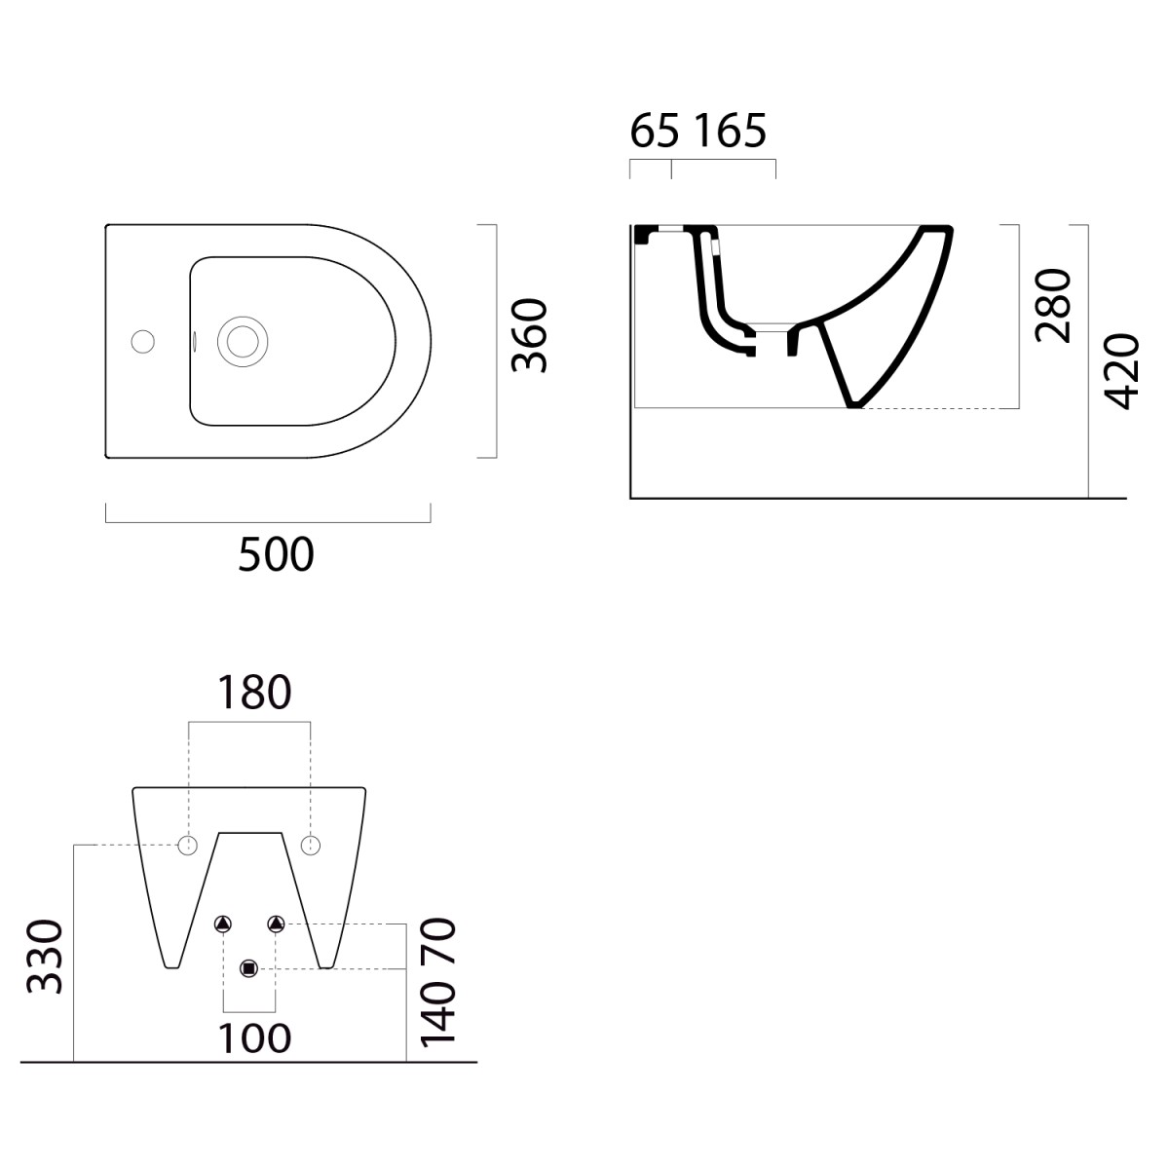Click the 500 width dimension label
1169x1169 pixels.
[276, 554]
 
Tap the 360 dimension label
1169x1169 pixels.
[529, 335]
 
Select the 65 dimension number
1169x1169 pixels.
[654, 131]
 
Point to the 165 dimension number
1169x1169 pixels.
[731, 131]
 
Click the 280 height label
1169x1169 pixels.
[1054, 306]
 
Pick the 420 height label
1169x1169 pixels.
[1121, 372]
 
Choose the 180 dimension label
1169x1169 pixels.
[254, 693]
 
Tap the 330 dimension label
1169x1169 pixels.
[44, 957]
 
